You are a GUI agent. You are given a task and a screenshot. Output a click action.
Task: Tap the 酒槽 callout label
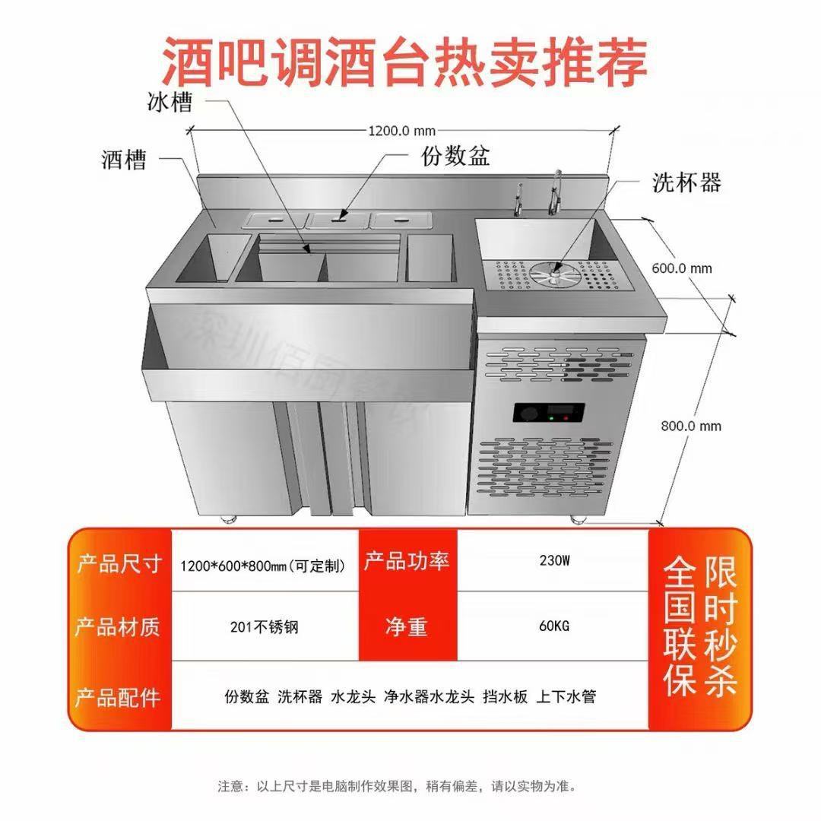[123, 160]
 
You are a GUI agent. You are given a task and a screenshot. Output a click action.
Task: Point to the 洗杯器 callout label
[686, 182]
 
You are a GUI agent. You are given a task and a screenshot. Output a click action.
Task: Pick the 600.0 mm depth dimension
[682, 268]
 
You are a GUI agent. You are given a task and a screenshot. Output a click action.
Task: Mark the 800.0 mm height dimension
[690, 426]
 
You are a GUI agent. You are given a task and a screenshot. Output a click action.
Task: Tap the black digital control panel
[549, 414]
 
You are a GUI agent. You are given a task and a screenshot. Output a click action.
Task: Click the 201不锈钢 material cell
[265, 627]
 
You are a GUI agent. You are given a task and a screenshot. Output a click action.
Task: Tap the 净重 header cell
[407, 626]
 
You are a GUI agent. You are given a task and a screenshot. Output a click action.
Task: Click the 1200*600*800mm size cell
[265, 566]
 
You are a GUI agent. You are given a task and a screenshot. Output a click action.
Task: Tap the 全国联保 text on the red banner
[679, 628]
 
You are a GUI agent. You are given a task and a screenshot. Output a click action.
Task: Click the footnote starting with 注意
[397, 785]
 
